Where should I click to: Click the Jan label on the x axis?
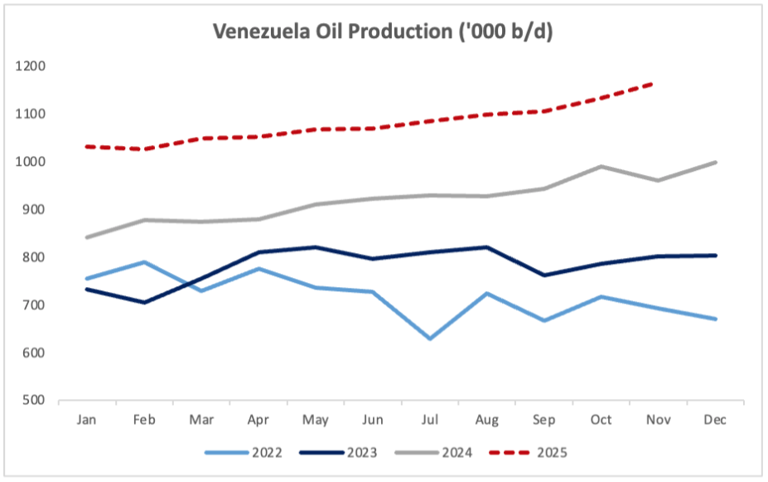coord(86,421)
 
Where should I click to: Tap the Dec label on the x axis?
coord(715,421)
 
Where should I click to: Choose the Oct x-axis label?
coord(601,421)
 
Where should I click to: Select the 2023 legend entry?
coord(340,453)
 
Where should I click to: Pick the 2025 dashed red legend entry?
coord(529,453)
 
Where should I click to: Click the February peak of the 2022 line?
coord(145,262)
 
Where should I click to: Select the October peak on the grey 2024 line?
coord(601,166)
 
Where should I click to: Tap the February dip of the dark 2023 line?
coord(145,302)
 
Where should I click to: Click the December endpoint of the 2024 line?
coord(715,163)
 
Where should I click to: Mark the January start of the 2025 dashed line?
coord(87,146)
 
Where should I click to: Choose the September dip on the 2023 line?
coord(544,275)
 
